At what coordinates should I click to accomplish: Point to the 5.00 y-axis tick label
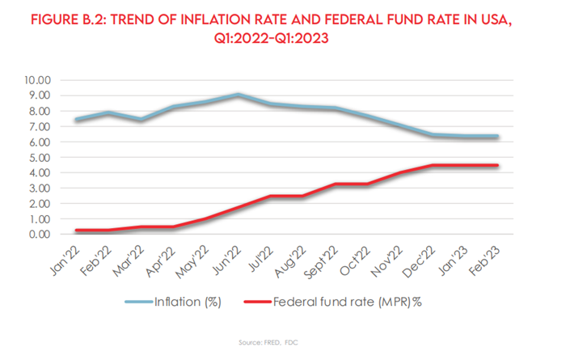tap(38, 157)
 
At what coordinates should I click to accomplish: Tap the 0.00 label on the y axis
tap(38, 235)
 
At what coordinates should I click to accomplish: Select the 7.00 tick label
tap(38, 126)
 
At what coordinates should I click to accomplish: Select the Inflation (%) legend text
tap(191, 302)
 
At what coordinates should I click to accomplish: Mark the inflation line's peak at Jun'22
tap(237, 95)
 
